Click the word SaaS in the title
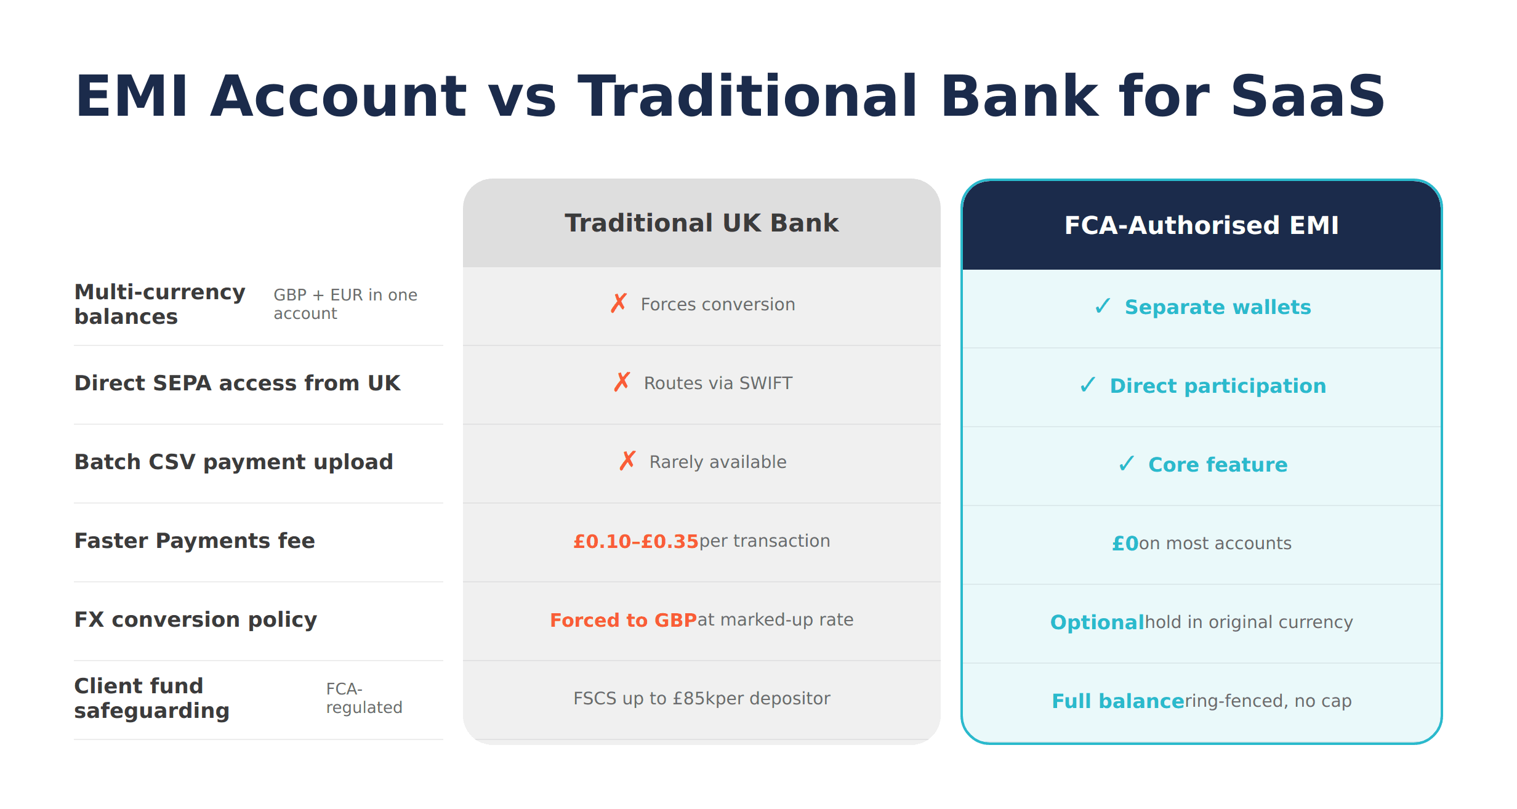pos(1307,97)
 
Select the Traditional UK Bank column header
pos(701,223)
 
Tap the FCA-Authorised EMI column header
pos(1201,225)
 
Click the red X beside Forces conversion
pos(619,304)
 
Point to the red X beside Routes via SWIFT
pos(622,382)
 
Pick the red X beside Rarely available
pos(627,461)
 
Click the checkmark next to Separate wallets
pos(1103,306)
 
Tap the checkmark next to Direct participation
pos(1088,385)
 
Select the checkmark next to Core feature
pos(1126,464)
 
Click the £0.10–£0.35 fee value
pos(635,541)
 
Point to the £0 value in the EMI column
pos(1125,544)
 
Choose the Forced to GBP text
pos(622,620)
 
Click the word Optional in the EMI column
pos(1097,622)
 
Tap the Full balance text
pos(1117,701)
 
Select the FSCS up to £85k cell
pos(701,699)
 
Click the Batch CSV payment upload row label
pos(233,462)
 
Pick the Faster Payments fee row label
pos(195,541)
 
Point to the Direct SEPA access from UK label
pos(237,383)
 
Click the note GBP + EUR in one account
pos(345,304)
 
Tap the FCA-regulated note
pos(364,698)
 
